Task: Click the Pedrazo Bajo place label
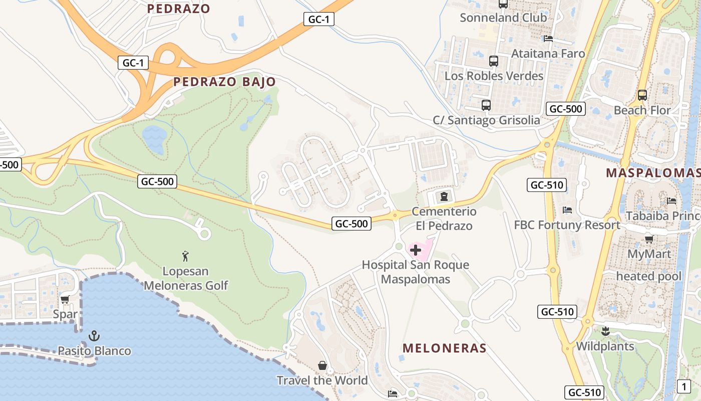224,82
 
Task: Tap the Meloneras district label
445,348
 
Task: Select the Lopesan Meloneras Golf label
186,278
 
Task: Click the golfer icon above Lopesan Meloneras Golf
186,256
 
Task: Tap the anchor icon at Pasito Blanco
94,336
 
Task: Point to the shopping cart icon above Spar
65,300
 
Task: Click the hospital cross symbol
416,250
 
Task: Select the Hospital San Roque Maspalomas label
416,272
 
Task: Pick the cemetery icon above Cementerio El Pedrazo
444,195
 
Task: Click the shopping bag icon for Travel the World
322,366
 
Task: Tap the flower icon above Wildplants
605,331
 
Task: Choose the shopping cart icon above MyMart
649,239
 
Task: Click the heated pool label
649,276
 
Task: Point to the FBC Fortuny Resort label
567,225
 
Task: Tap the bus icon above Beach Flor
642,95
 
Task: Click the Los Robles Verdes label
494,76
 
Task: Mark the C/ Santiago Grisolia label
486,120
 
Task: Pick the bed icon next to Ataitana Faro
548,38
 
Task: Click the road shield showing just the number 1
684,386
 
